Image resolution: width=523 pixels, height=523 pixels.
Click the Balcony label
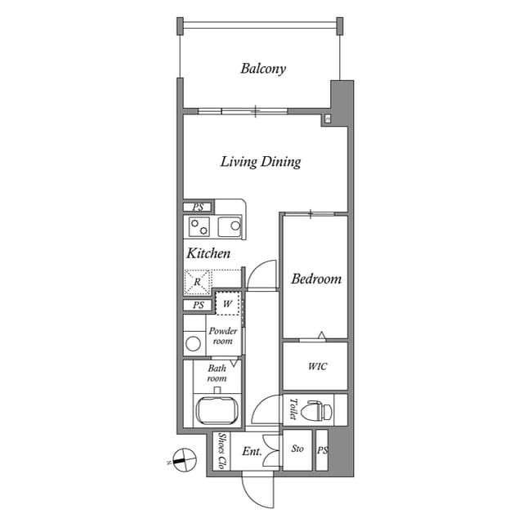[x=263, y=69]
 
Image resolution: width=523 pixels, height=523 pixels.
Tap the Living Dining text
[x=261, y=162]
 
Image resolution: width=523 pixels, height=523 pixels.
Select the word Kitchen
[x=208, y=254]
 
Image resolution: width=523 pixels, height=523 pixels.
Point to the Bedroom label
[x=316, y=279]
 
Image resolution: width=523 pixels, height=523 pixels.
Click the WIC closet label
[x=317, y=366]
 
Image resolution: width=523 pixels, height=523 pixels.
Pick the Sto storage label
[x=297, y=449]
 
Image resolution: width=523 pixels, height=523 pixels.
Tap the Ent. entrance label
[x=251, y=451]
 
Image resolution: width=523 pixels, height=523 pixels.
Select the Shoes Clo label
[x=221, y=451]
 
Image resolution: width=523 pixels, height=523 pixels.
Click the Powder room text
[x=222, y=336]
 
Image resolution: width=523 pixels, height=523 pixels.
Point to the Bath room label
[x=217, y=373]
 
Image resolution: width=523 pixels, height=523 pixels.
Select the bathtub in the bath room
[x=217, y=409]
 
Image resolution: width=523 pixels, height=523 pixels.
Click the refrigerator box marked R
[x=197, y=283]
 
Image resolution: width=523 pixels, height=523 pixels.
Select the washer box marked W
[x=227, y=303]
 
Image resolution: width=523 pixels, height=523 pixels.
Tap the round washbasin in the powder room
[x=194, y=344]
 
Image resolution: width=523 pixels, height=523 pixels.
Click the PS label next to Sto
[x=322, y=450]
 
